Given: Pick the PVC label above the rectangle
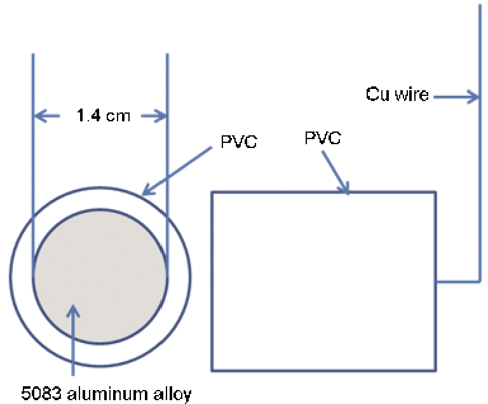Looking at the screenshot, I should (323, 138).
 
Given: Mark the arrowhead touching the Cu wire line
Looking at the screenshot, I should (473, 97).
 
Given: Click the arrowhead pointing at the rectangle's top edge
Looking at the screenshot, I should (346, 187).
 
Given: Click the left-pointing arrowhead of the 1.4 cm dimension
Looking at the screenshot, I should (38, 116).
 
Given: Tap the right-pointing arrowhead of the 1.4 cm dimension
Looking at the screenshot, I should (161, 116).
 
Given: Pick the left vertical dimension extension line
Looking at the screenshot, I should (33, 159).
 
